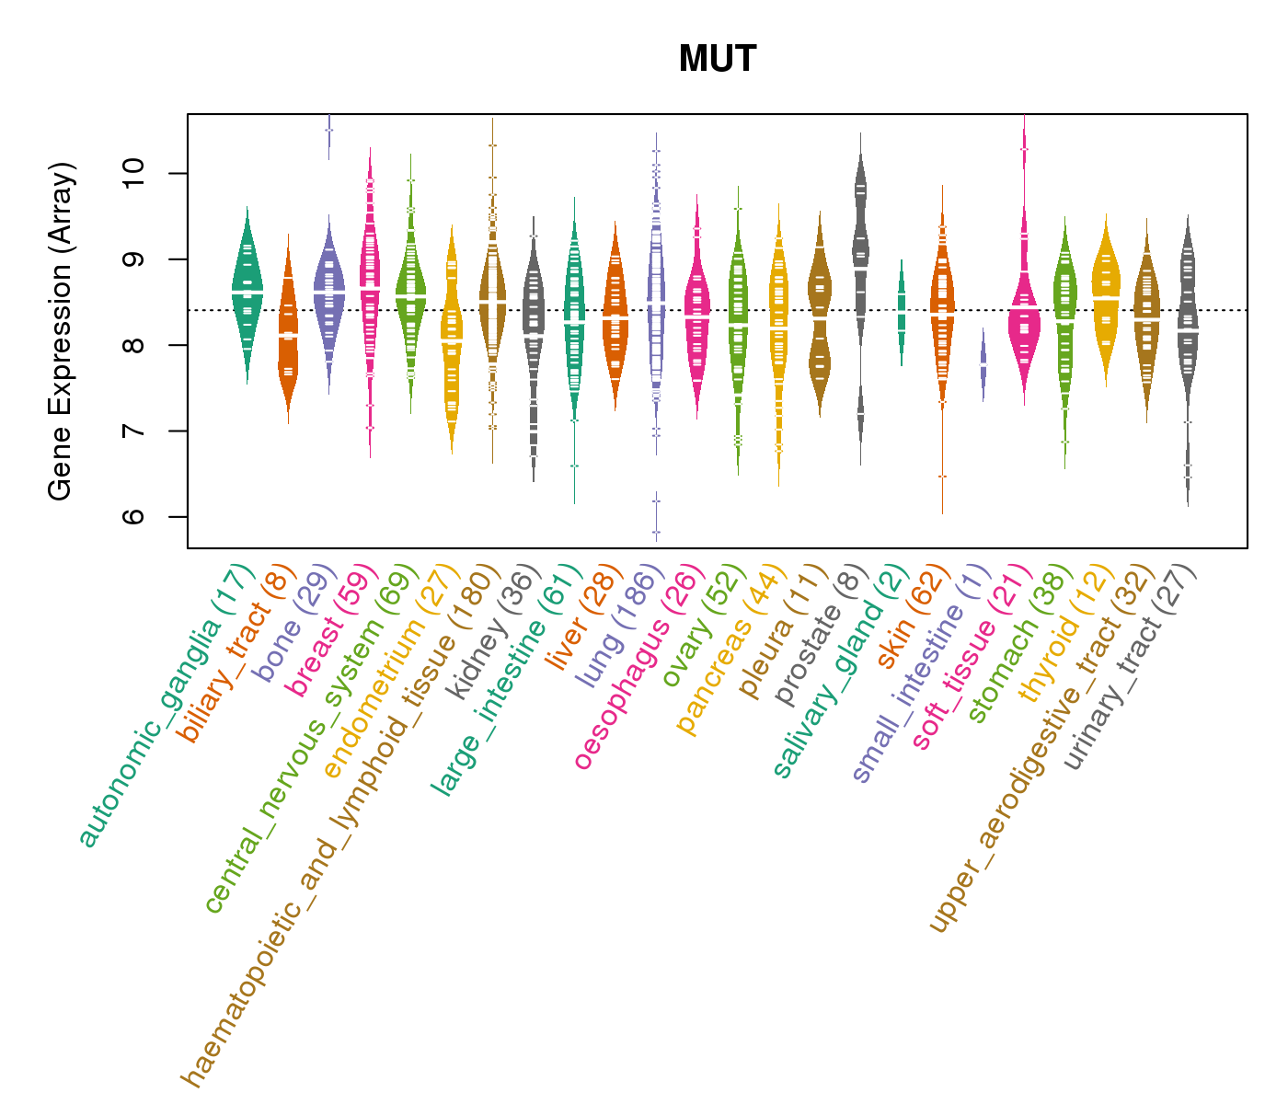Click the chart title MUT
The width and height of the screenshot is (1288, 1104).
point(717,60)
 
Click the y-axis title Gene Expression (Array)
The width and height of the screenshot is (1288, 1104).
point(61,331)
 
